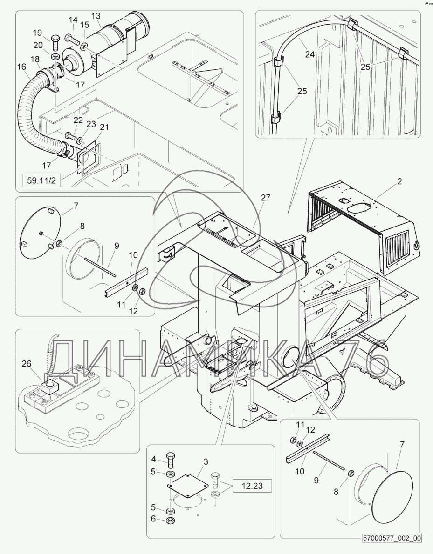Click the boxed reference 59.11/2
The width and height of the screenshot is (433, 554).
[42, 180]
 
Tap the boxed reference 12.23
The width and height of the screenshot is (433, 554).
[253, 486]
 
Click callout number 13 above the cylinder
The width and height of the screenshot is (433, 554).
[96, 16]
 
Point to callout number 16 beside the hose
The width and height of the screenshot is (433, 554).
[21, 67]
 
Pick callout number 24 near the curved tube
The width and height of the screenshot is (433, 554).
[310, 54]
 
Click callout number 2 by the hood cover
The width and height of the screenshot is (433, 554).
[400, 181]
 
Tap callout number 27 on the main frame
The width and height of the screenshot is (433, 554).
[266, 198]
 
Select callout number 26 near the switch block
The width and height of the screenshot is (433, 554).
[27, 364]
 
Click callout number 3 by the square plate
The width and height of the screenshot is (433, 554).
[206, 462]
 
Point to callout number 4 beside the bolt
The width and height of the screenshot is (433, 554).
[154, 459]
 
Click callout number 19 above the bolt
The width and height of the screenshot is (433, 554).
[38, 33]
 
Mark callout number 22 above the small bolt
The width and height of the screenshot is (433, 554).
[78, 120]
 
